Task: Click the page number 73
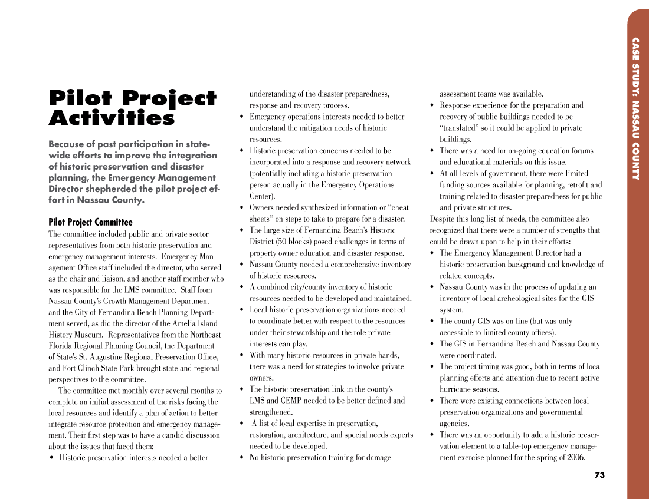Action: (x=599, y=475)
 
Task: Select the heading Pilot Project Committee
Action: (x=90, y=222)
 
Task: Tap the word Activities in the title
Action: (x=112, y=118)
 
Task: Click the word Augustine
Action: (x=114, y=357)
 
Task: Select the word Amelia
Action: (x=183, y=323)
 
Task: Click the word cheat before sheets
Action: (x=397, y=207)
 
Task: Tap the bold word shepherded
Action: (x=139, y=189)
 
